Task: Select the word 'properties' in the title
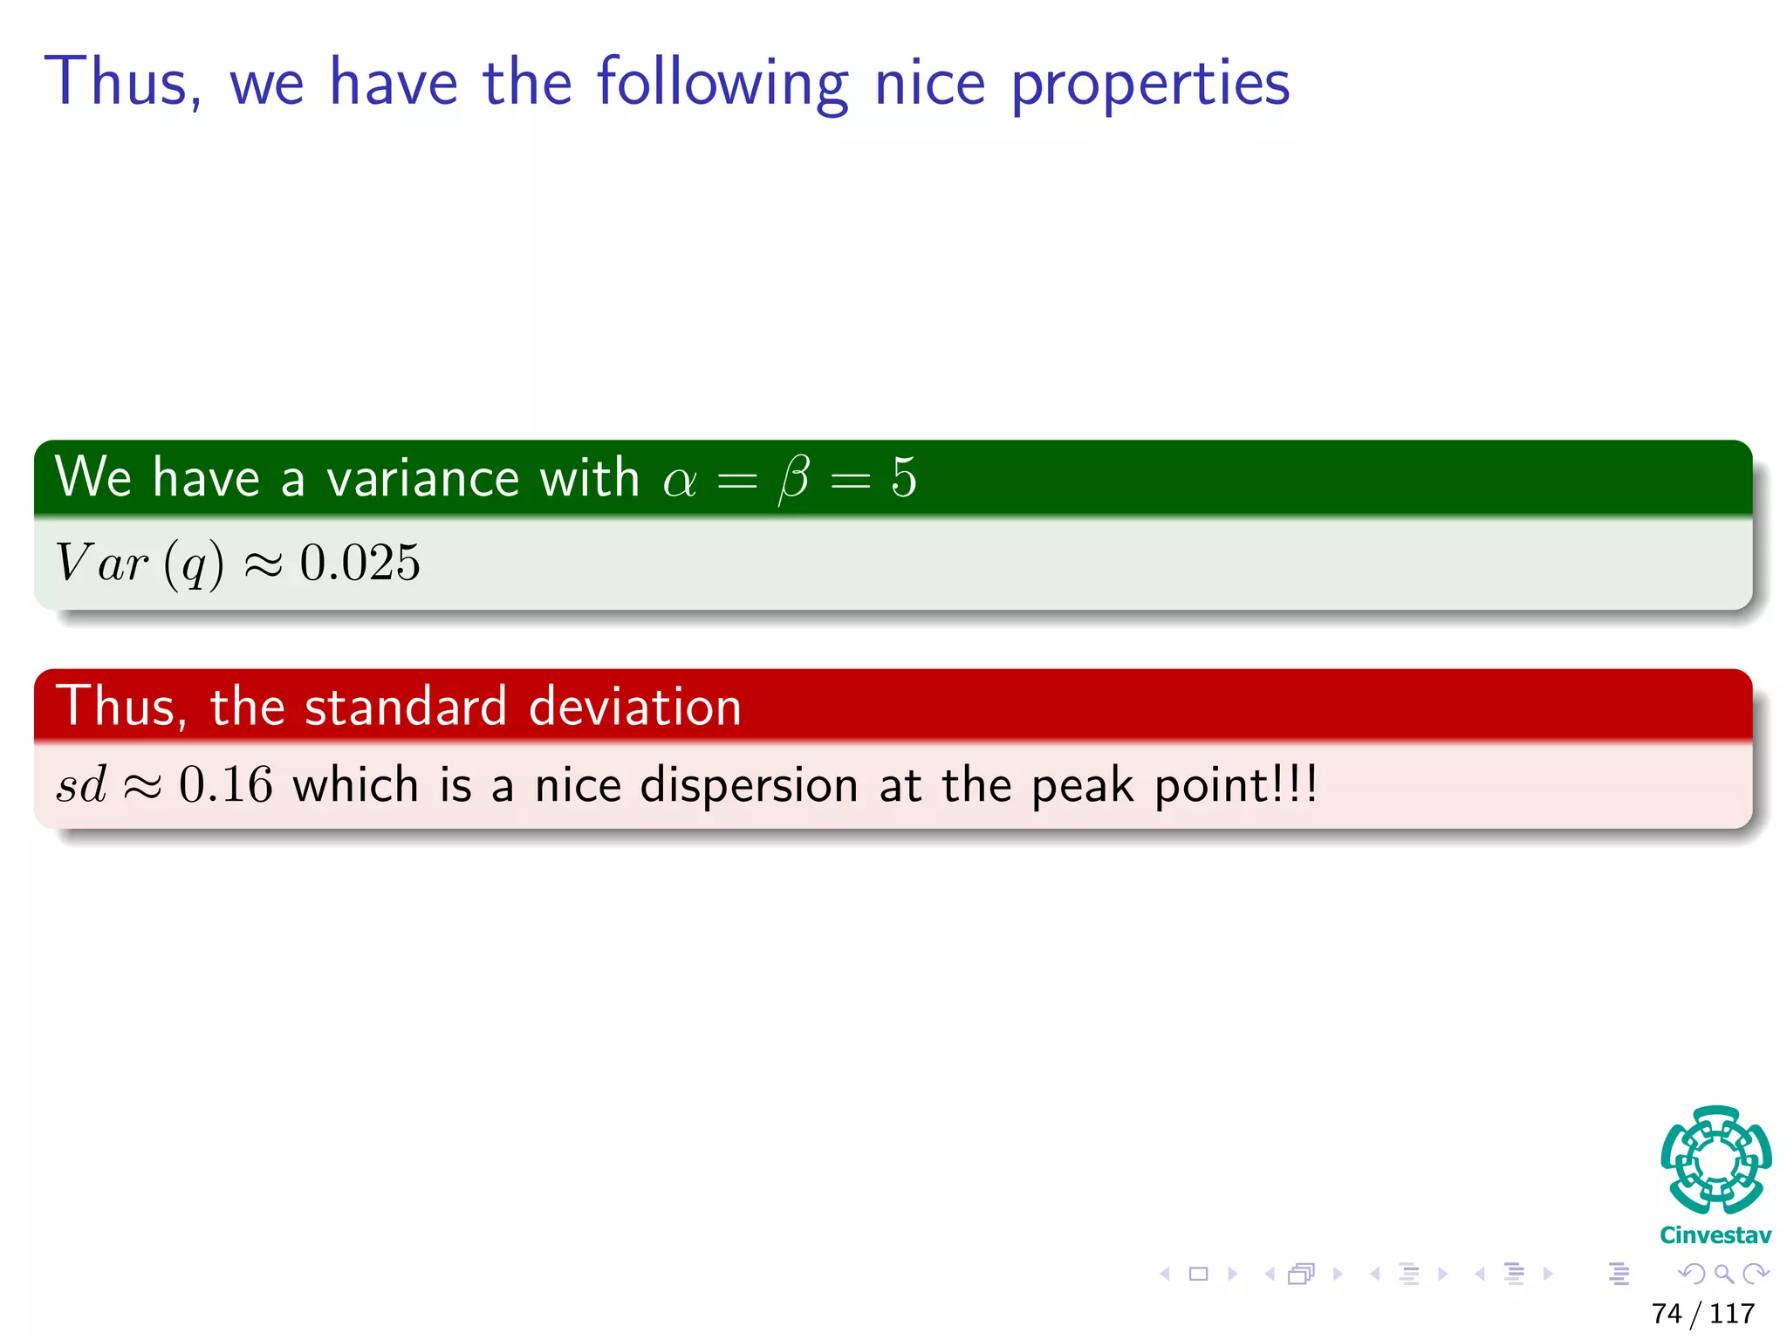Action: (x=1150, y=85)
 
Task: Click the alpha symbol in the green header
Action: (x=680, y=480)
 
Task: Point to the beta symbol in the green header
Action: (x=794, y=480)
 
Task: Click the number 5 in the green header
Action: (x=904, y=478)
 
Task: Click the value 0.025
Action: (x=359, y=563)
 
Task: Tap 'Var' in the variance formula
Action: (x=101, y=563)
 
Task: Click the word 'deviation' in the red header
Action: (x=634, y=706)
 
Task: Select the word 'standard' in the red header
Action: (x=405, y=706)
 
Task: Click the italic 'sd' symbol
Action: (x=81, y=784)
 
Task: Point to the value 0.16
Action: (x=225, y=784)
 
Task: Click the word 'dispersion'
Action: (x=749, y=786)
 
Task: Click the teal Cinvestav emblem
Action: (x=1715, y=1159)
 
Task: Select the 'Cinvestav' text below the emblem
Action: (x=1715, y=1235)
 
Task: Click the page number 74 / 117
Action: (x=1702, y=1313)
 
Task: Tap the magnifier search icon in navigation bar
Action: (x=1723, y=1274)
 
